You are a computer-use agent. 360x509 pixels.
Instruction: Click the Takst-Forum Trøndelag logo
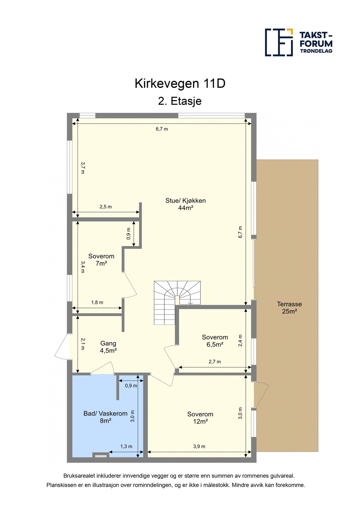tap(298, 42)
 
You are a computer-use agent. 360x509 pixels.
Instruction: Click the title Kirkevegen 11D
tap(180, 84)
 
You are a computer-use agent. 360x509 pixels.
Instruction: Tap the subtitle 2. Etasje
tap(180, 101)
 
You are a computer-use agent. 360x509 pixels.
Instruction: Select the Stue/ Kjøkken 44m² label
tap(186, 204)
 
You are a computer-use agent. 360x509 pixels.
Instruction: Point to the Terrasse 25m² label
tap(289, 308)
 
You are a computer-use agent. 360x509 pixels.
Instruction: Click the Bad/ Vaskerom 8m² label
tap(105, 417)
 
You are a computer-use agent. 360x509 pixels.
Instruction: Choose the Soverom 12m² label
tap(200, 418)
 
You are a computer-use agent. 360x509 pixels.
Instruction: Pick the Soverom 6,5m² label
tap(215, 341)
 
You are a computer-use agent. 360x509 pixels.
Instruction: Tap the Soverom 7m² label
tap(101, 260)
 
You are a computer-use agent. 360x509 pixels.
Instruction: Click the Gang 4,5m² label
tap(108, 347)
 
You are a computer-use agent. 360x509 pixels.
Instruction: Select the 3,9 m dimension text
tap(199, 447)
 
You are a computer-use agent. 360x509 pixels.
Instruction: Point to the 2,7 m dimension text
tap(215, 362)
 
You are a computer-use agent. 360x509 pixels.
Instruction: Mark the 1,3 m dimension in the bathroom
tap(126, 447)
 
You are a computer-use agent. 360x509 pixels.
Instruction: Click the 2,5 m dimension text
tap(105, 207)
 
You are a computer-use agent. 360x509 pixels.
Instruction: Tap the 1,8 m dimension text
tap(97, 302)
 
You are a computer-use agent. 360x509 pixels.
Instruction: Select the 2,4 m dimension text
tap(240, 340)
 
